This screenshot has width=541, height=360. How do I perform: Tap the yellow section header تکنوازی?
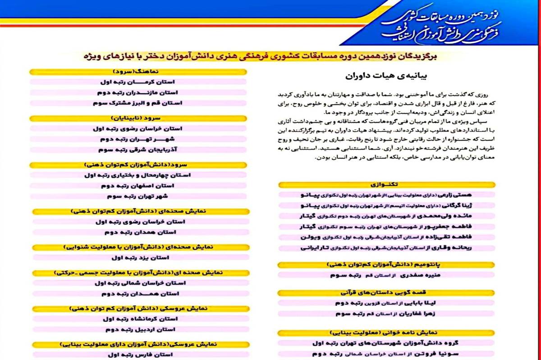pyautogui.click(x=386, y=185)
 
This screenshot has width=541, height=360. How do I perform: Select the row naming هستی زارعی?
pyautogui.click(x=386, y=195)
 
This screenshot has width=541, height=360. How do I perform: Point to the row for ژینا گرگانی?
pyautogui.click(x=386, y=205)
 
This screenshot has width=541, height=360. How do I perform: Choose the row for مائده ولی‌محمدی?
pyautogui.click(x=386, y=216)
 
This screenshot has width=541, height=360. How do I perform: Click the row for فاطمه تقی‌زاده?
pyautogui.click(x=386, y=237)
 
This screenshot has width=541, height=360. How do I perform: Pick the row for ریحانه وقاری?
pyautogui.click(x=386, y=248)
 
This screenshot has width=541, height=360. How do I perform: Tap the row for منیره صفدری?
pyautogui.click(x=386, y=274)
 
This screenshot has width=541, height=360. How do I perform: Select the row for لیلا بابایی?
pyautogui.click(x=386, y=303)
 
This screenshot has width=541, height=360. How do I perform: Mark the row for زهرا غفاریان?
pyautogui.click(x=386, y=314)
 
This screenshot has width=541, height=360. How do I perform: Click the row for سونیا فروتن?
pyautogui.click(x=386, y=354)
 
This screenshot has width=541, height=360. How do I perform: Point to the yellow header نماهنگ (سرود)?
pyautogui.click(x=138, y=72)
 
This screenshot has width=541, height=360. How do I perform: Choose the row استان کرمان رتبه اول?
pyautogui.click(x=138, y=82)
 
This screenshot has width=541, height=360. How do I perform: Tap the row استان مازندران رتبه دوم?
pyautogui.click(x=138, y=92)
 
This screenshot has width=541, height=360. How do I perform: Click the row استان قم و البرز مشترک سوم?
pyautogui.click(x=138, y=103)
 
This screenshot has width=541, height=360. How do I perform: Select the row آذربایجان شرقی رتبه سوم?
pyautogui.click(x=138, y=150)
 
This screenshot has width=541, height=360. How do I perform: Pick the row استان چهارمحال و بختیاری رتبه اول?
pyautogui.click(x=138, y=175)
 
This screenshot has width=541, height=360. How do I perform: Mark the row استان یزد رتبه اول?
pyautogui.click(x=138, y=257)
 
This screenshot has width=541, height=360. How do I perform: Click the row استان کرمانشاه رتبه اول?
pyautogui.click(x=138, y=319)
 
